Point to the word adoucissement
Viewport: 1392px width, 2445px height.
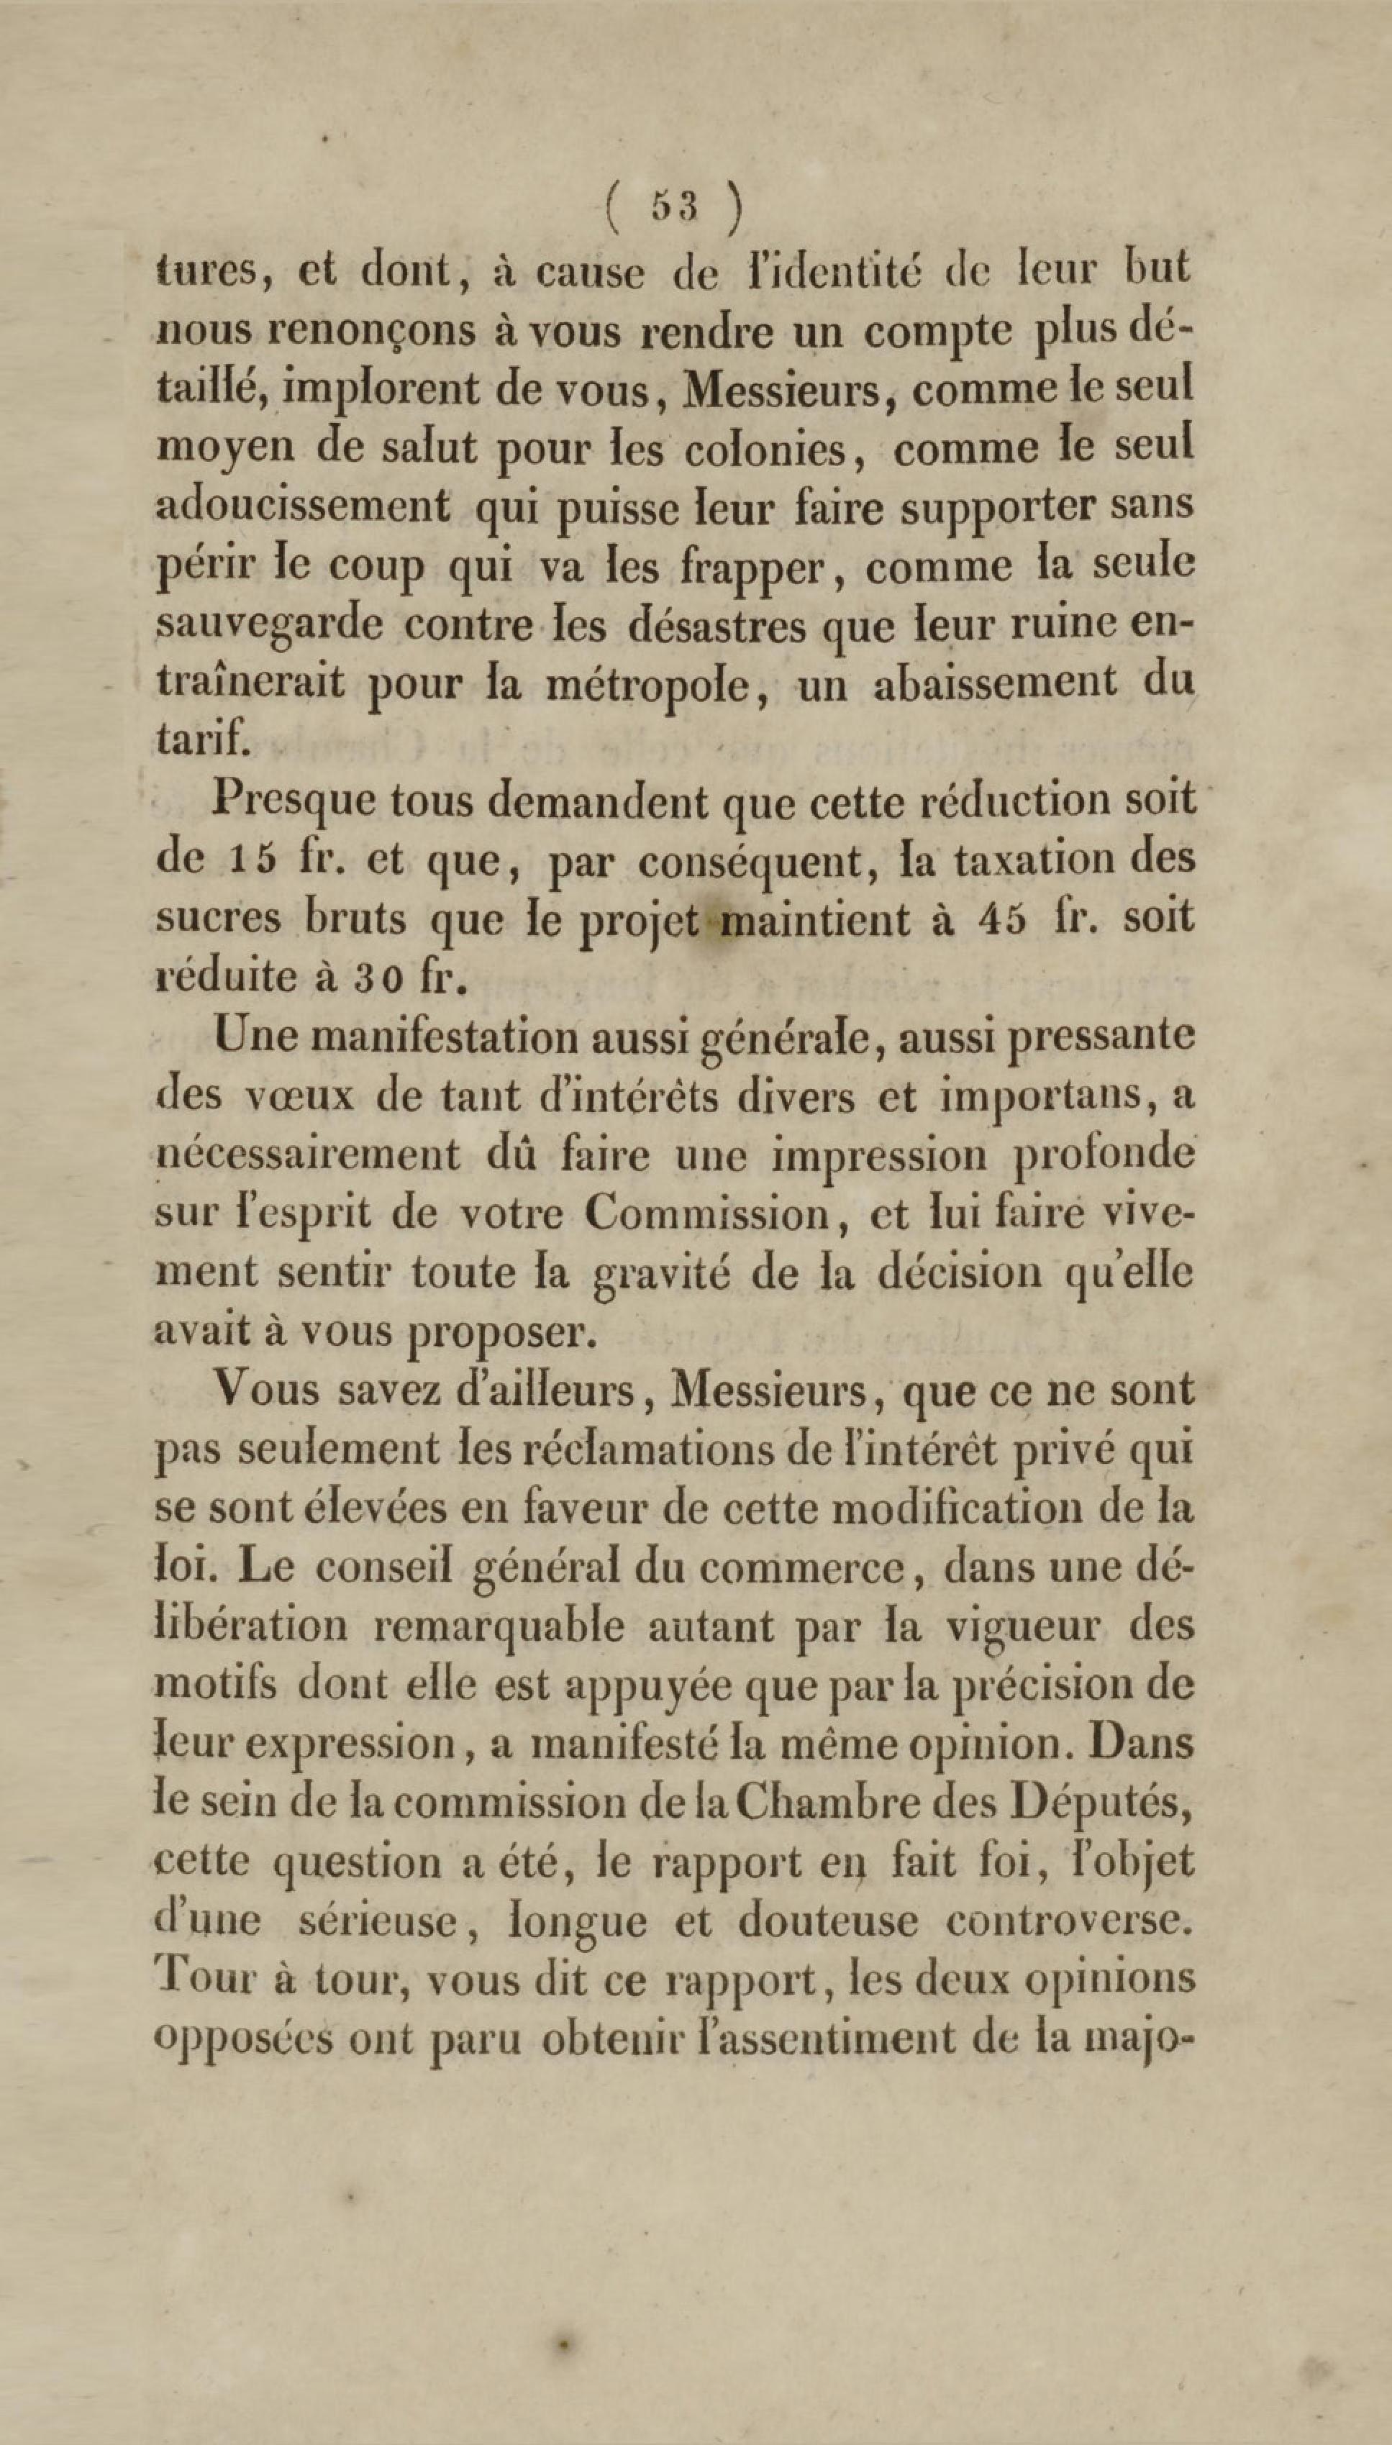pyautogui.click(x=302, y=506)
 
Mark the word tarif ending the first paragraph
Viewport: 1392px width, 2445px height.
pyautogui.click(x=203, y=741)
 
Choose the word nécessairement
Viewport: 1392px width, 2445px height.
pyautogui.click(x=306, y=1155)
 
